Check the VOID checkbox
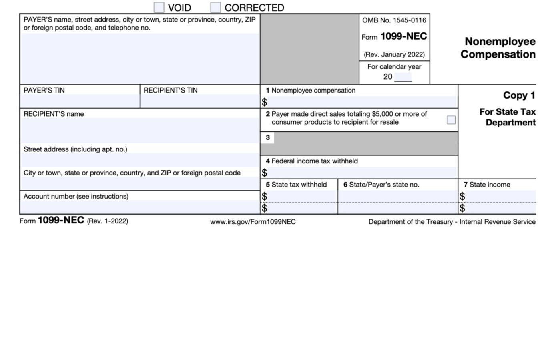159,7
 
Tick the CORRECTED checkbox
215,7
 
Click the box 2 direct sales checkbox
451,120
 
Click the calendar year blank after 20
403,77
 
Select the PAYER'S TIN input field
80,101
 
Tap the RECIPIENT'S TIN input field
200,101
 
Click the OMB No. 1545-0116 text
394,20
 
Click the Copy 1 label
519,95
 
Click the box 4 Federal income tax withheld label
312,161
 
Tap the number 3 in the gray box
268,137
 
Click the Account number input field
139,207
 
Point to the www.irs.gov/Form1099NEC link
253,222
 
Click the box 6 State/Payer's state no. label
381,185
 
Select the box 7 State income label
487,185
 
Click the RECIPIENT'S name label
54,114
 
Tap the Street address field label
75,149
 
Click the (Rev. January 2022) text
394,54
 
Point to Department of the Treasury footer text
452,222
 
